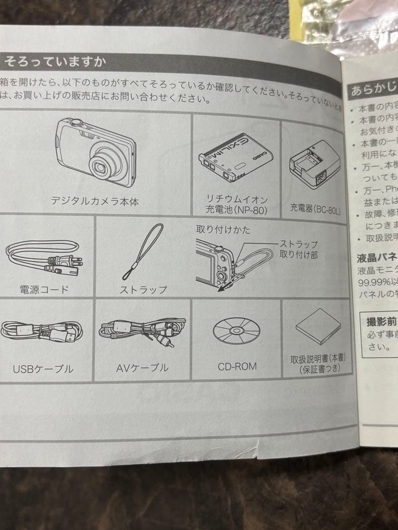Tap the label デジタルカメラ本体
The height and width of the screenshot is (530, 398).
pyautogui.click(x=95, y=201)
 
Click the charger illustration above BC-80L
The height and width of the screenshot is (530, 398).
pyautogui.click(x=311, y=167)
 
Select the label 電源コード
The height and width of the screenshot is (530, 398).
pyautogui.click(x=44, y=290)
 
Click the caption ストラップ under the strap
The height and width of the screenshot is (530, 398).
pyautogui.click(x=143, y=290)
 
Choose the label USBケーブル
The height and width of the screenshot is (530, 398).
pyautogui.click(x=43, y=369)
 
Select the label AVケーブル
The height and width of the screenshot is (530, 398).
pyautogui.click(x=142, y=368)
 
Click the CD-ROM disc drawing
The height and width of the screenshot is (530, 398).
pyautogui.click(x=236, y=330)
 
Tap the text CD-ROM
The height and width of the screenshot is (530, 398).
pyautogui.click(x=237, y=366)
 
